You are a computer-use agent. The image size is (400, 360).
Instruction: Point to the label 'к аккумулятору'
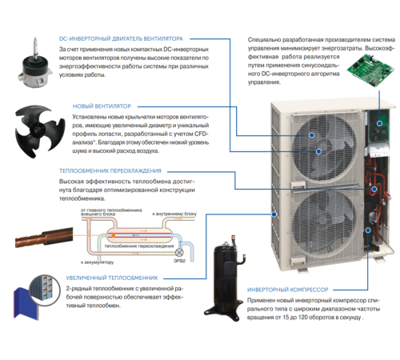pyautogui.click(x=97, y=262)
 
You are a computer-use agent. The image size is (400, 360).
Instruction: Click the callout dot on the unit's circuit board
pyautogui.click(x=370, y=122)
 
